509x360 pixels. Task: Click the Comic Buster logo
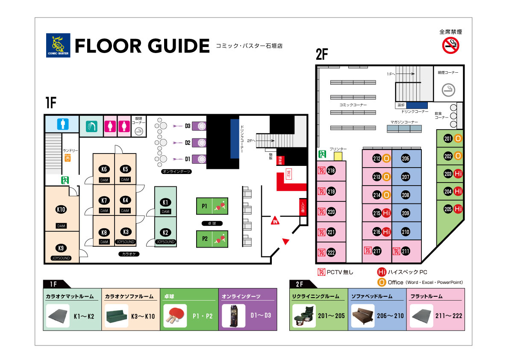(x=57, y=45)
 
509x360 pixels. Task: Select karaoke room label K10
(x=61, y=210)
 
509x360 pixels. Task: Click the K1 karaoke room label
(x=165, y=202)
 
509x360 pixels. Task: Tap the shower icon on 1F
(x=91, y=126)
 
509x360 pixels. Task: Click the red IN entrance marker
(x=276, y=221)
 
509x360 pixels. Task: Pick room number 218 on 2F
(x=331, y=171)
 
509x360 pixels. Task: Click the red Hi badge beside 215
(x=387, y=213)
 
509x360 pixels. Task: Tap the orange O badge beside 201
(x=458, y=139)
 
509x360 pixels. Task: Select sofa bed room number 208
(x=406, y=195)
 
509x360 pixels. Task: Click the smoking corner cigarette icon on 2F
(x=448, y=89)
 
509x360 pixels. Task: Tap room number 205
(x=448, y=209)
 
